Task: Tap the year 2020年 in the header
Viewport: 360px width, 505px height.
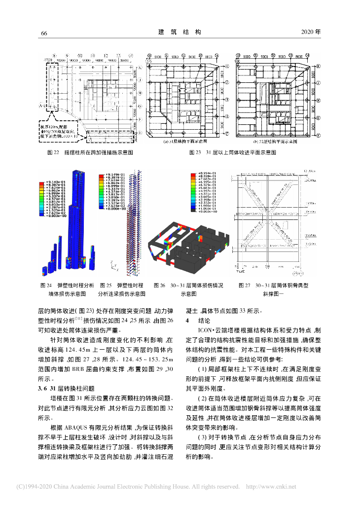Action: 310,32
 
